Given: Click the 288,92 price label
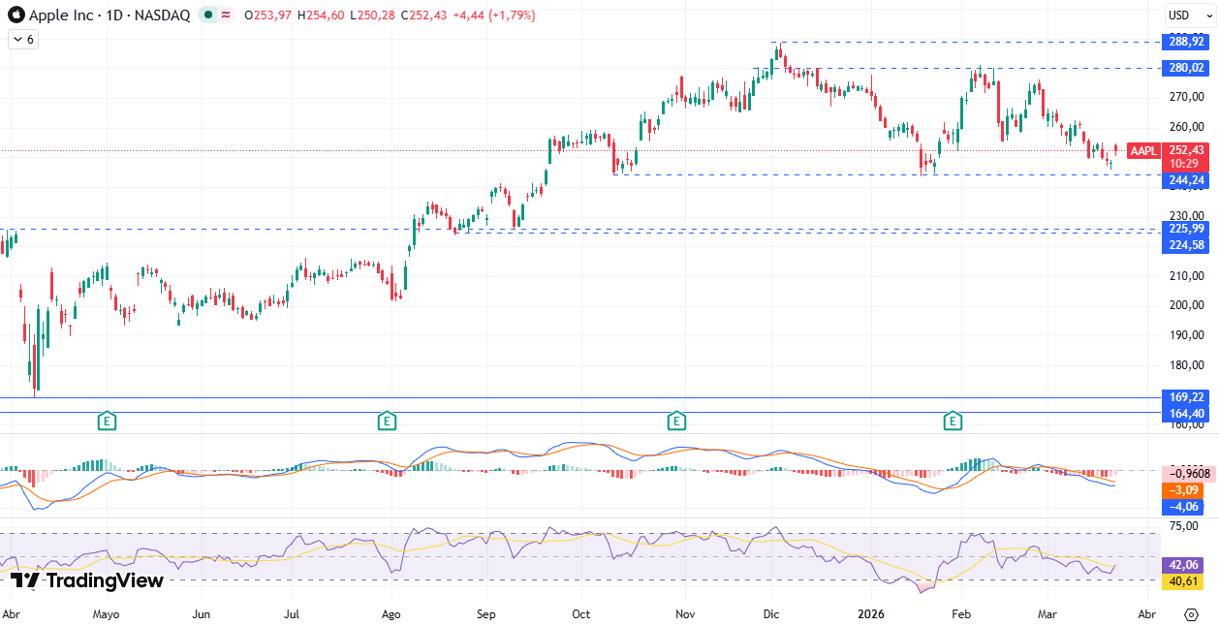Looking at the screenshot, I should (1186, 42).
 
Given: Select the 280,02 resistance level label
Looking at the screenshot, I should (1186, 68).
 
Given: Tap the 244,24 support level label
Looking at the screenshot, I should (1186, 180).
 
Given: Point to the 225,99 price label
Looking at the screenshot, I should (1186, 229).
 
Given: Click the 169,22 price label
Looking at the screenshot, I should (1186, 397).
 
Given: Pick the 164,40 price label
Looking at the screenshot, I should (1186, 413).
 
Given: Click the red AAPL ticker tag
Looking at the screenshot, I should (1143, 150).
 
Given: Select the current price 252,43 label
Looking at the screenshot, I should (1186, 150).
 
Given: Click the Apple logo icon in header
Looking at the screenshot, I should (16, 16).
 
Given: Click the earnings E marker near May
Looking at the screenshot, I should (107, 421).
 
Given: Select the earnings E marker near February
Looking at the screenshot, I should (953, 421).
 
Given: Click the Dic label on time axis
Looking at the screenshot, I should (771, 614).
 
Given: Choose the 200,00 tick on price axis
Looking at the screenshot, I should (1186, 305).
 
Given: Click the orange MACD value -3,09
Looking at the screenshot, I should (1186, 490).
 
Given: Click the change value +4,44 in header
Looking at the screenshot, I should (468, 16).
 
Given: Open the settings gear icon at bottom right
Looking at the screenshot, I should (1191, 614).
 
